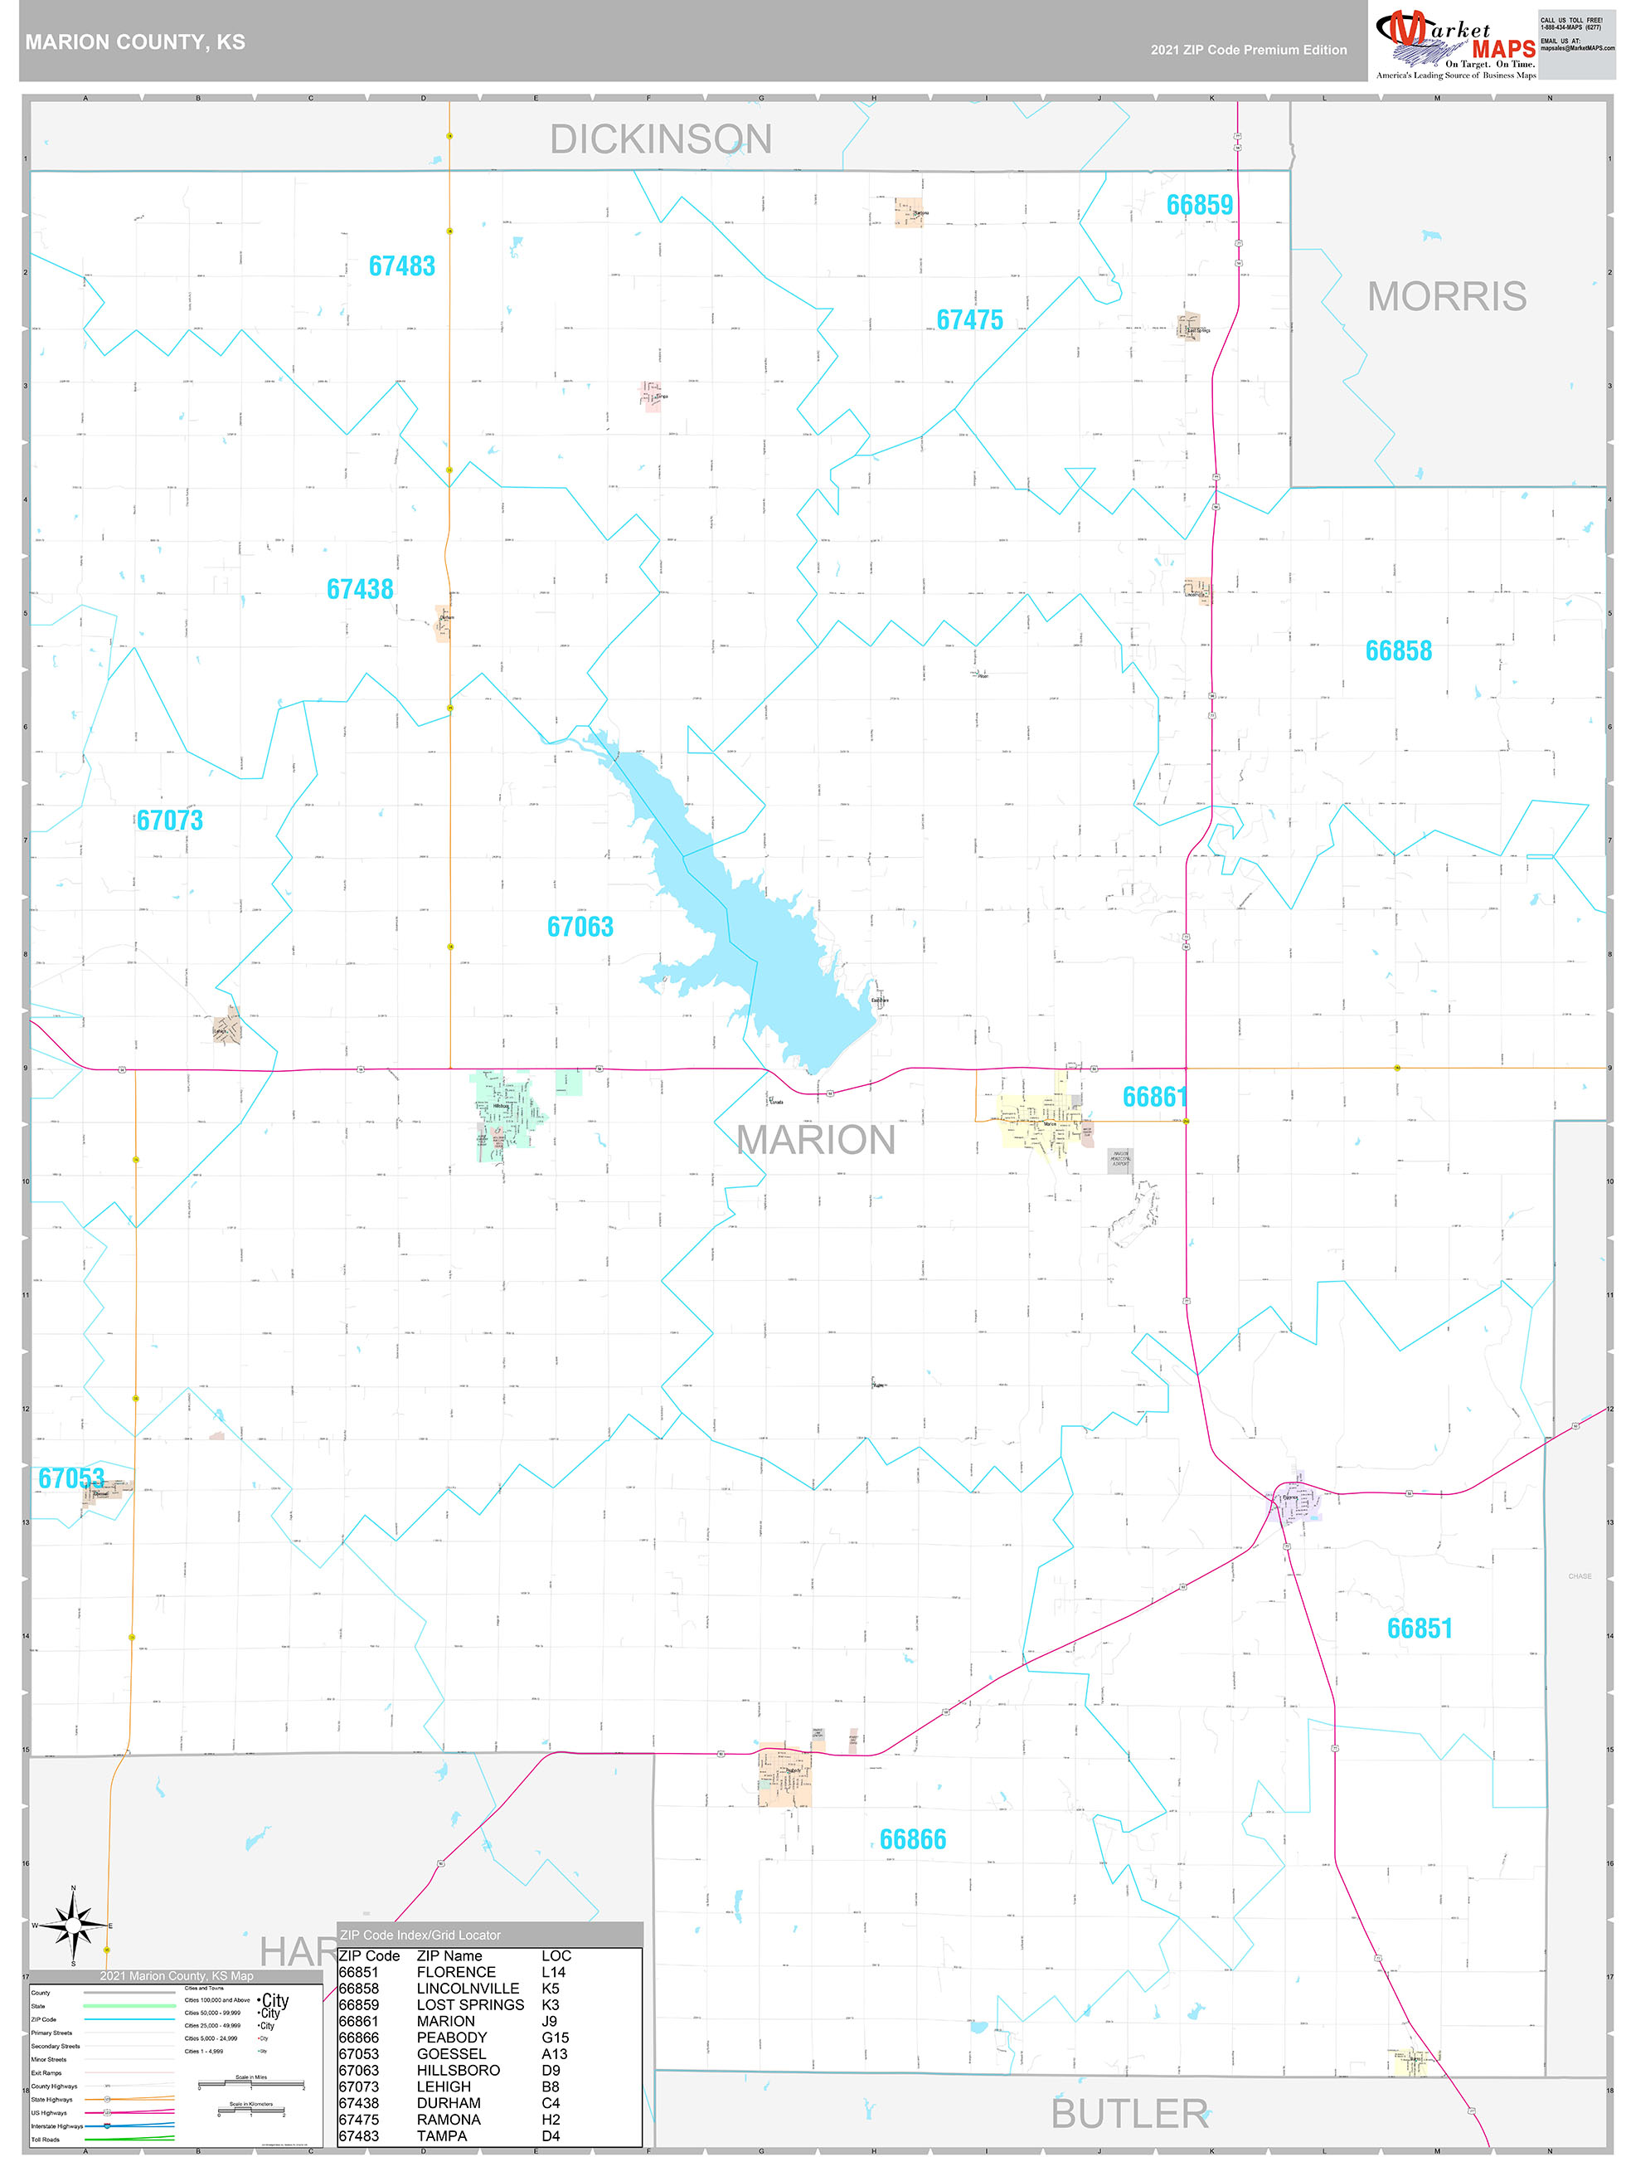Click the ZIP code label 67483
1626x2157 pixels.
coord(401,266)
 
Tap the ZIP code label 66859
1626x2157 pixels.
coord(1199,205)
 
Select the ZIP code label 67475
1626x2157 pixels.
coord(969,320)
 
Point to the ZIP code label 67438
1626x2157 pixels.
coord(360,589)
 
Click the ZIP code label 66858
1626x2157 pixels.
coord(1398,650)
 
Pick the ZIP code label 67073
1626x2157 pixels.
coord(170,820)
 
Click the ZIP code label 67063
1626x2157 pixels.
coord(580,927)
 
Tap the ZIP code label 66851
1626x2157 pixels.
coord(1420,1628)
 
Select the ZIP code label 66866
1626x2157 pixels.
coord(912,1839)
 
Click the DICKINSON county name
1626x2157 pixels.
coord(660,139)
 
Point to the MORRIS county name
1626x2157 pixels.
coord(1447,296)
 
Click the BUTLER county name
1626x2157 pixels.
coord(1130,2114)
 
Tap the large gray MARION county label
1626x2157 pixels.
coord(816,1140)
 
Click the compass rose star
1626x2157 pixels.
coord(73,1925)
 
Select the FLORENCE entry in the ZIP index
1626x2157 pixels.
coord(455,1972)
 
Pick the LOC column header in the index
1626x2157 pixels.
coord(556,1955)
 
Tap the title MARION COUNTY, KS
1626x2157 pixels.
coord(135,42)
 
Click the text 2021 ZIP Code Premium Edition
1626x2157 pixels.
coord(1248,50)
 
